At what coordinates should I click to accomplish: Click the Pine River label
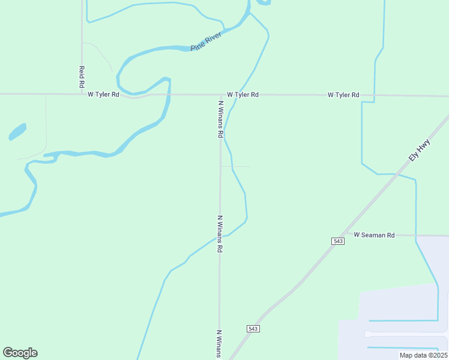point(206,41)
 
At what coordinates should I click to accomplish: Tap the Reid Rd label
point(82,77)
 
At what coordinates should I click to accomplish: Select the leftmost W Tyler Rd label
point(103,95)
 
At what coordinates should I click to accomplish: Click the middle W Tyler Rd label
point(243,95)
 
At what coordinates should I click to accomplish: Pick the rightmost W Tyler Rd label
point(343,95)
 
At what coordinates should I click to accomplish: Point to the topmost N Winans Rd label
point(220,119)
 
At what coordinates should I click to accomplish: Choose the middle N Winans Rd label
point(220,233)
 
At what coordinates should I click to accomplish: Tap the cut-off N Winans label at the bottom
point(220,343)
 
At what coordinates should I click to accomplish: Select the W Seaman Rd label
point(374,235)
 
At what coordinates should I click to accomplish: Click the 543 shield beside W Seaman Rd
point(337,241)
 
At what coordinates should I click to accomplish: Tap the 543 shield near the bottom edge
point(253,329)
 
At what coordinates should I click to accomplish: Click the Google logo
point(20,353)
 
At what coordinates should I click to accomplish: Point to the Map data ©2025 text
point(423,355)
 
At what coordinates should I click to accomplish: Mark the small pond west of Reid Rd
point(17,131)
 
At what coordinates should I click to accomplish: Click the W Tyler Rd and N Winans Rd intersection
point(220,95)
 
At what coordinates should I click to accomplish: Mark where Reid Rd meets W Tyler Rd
point(82,94)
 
